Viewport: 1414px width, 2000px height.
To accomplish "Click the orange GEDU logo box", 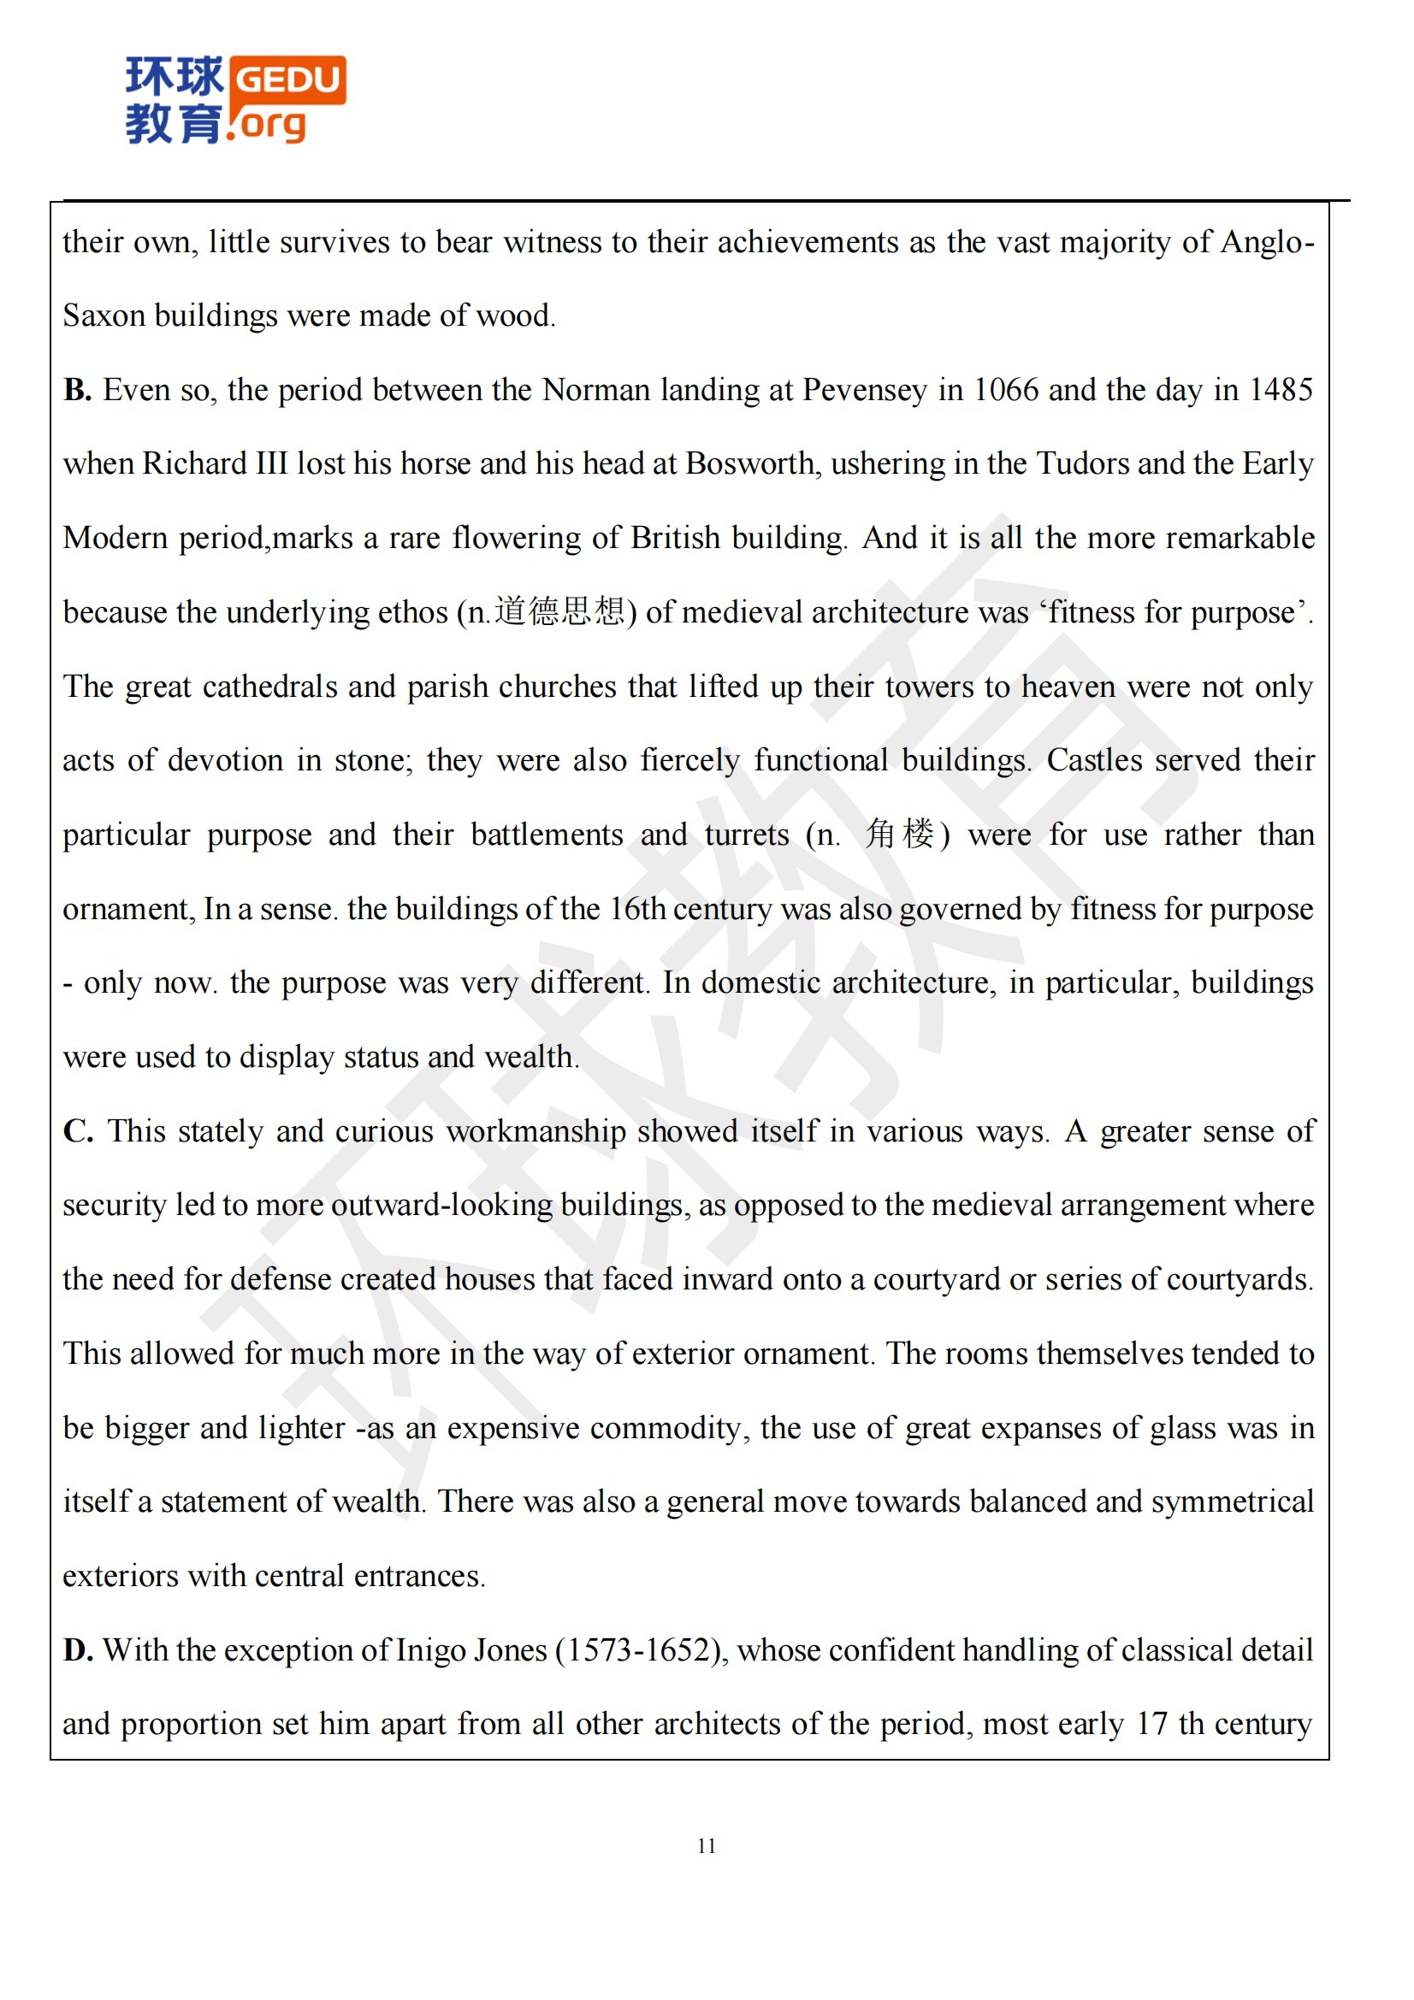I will pos(289,80).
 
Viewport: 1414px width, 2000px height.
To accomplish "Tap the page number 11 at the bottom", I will pos(707,1845).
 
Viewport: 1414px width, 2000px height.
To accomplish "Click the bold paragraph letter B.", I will pos(77,389).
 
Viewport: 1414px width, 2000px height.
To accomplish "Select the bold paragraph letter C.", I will pos(78,1130).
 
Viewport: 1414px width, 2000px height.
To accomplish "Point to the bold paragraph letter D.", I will pos(78,1649).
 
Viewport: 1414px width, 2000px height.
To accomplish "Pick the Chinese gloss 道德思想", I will pos(559,611).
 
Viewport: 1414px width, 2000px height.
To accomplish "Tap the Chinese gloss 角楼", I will pos(899,834).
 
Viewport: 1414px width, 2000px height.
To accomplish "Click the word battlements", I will pos(547,835).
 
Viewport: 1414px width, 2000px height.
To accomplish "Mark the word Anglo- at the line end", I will pos(1268,242).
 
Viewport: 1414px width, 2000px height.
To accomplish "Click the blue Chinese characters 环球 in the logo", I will pos(175,77).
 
